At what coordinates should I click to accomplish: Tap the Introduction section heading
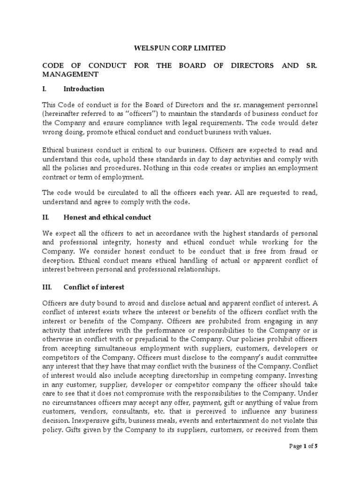click(84, 89)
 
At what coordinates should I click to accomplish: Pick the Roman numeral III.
click(48, 287)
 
